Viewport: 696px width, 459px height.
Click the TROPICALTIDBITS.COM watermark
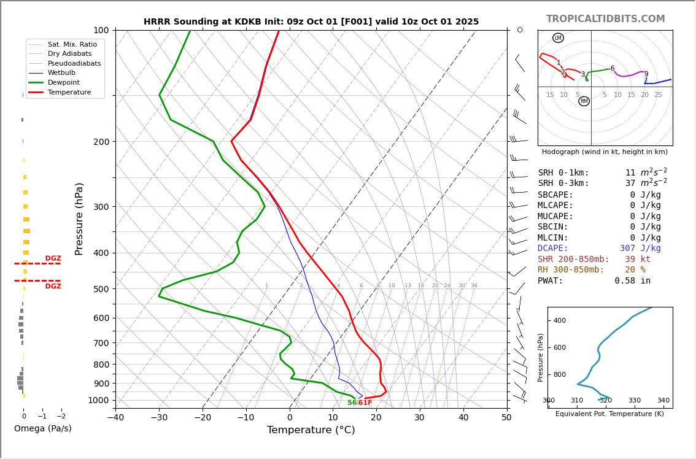[605, 19]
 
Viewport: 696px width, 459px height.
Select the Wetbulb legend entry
[61, 73]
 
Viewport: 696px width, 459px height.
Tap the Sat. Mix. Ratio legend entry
[72, 44]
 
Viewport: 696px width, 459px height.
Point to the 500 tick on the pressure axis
[101, 289]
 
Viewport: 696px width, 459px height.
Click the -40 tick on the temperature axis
[115, 418]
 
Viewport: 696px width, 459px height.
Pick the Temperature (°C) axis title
[311, 430]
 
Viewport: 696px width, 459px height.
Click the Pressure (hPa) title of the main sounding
[79, 218]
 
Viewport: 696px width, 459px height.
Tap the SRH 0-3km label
[563, 183]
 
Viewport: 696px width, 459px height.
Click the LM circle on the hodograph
[558, 38]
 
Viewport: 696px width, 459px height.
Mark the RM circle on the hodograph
[584, 101]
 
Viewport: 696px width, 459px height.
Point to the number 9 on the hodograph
[646, 74]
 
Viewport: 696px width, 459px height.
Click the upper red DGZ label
[53, 259]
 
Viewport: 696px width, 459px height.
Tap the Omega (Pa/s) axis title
[42, 428]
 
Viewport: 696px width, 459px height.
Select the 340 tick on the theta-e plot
[663, 401]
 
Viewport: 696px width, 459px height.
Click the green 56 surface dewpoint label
[352, 403]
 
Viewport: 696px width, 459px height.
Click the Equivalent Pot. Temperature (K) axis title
[609, 414]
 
